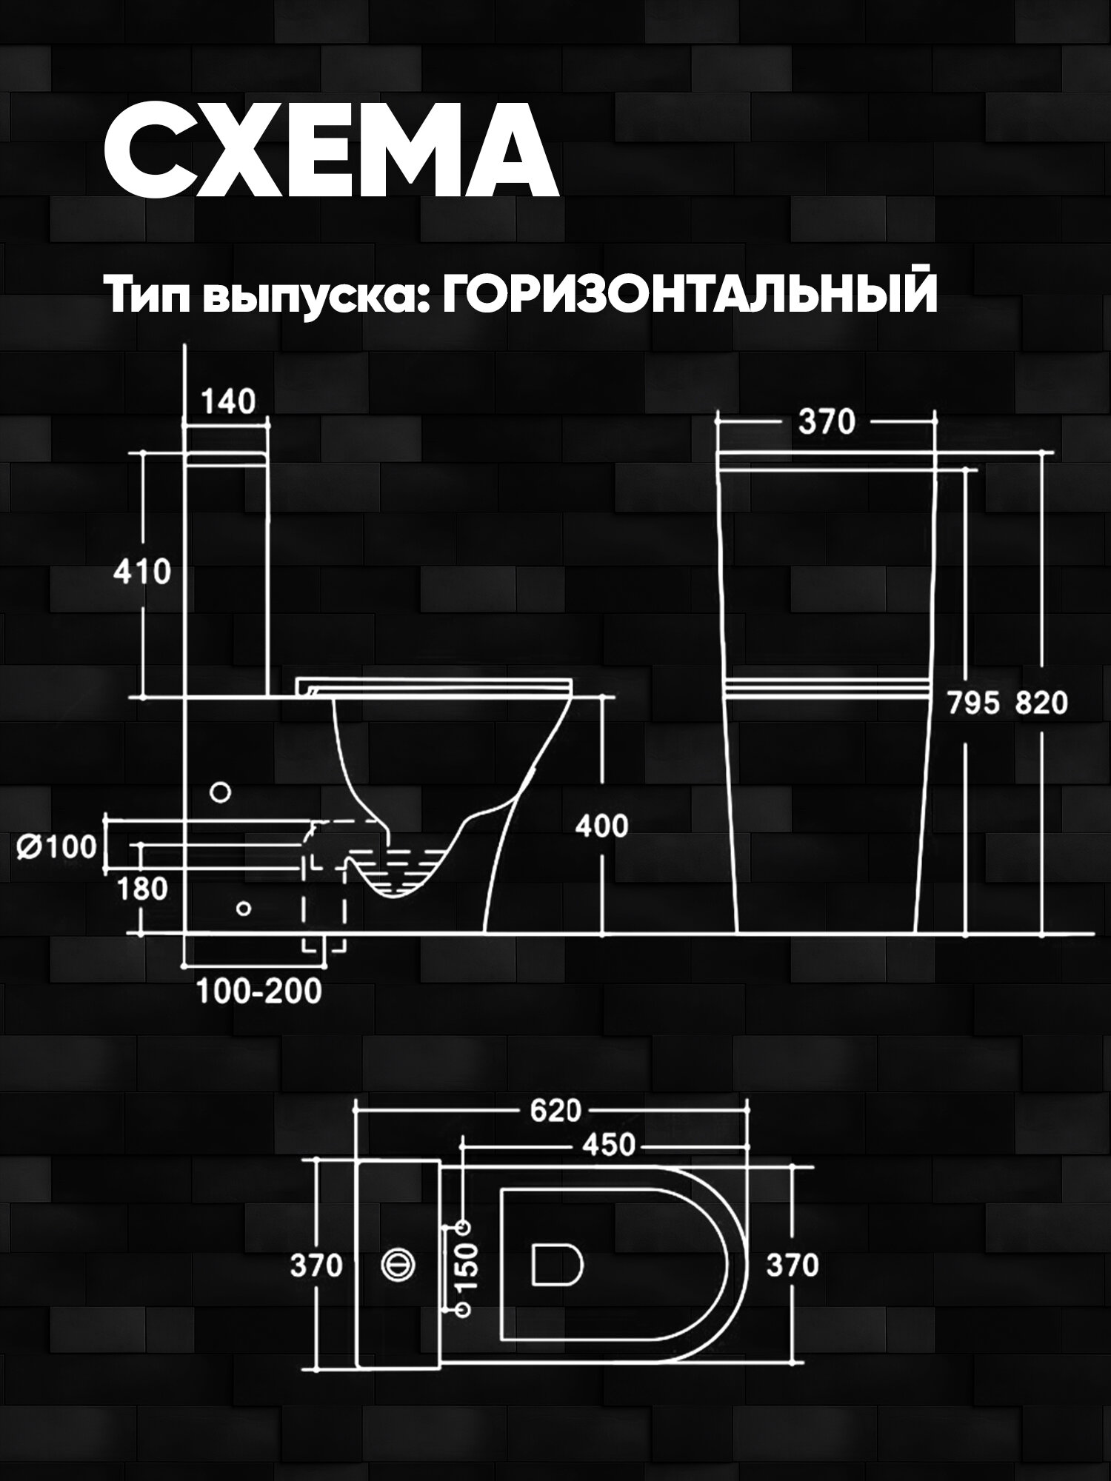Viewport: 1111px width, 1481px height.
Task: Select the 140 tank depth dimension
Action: [228, 402]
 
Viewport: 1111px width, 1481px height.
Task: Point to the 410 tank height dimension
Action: [141, 572]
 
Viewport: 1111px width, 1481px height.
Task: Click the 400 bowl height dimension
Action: [601, 826]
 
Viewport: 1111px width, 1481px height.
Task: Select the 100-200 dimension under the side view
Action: [259, 992]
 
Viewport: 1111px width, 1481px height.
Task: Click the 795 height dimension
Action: [975, 703]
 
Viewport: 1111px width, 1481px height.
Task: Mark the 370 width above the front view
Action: [827, 423]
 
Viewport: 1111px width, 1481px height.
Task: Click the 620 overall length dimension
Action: [555, 1111]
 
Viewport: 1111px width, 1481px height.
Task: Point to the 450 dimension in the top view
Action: [608, 1146]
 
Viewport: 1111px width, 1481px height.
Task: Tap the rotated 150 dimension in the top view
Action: [469, 1265]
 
